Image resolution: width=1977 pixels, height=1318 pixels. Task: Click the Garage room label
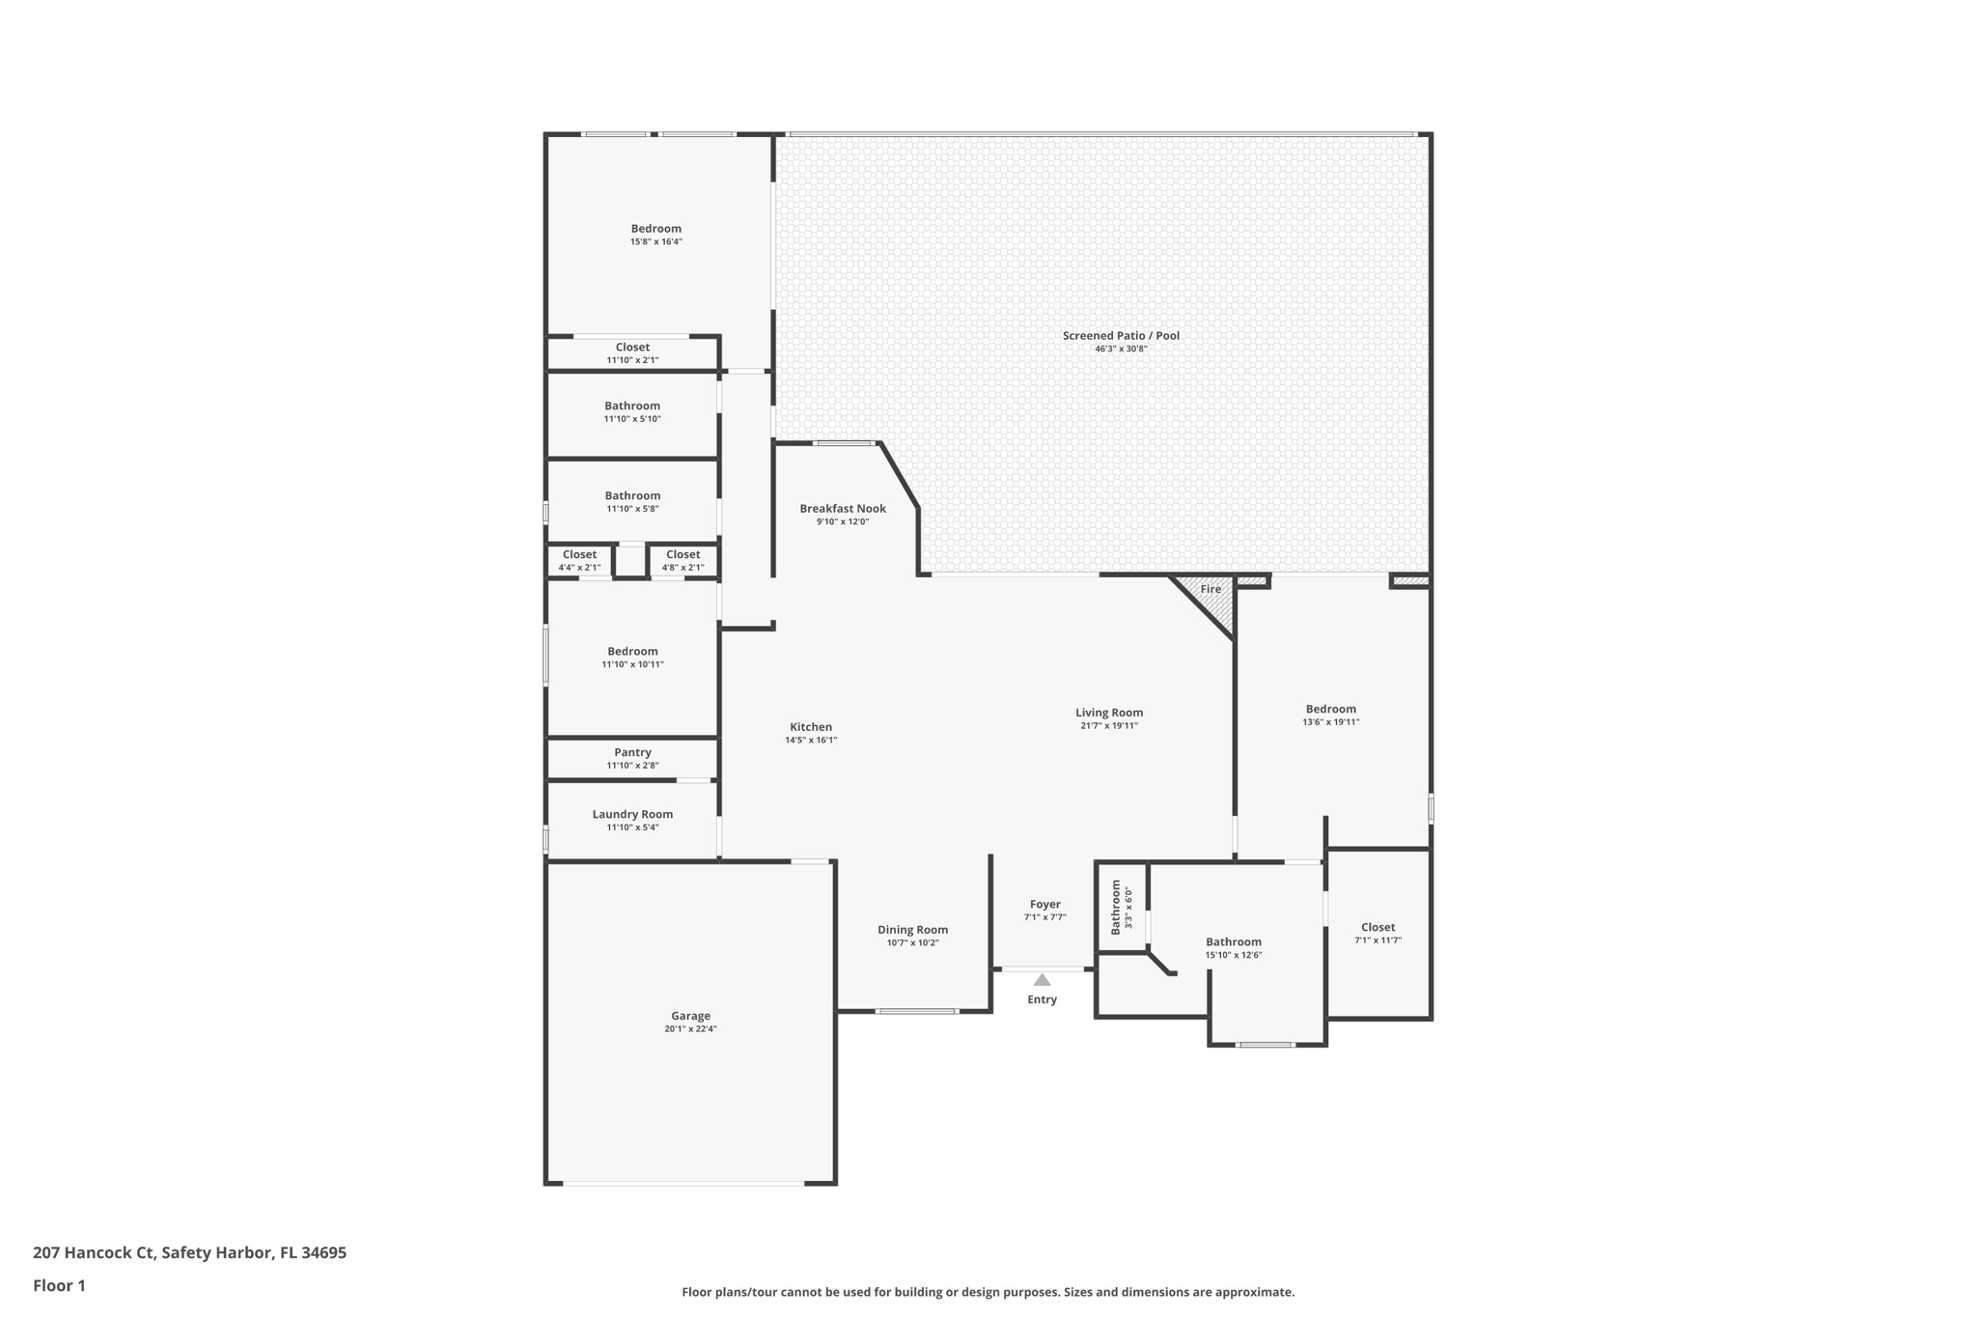[690, 1016]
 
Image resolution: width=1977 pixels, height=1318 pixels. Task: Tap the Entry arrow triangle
[1042, 980]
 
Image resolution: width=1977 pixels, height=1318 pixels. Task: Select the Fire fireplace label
[1211, 589]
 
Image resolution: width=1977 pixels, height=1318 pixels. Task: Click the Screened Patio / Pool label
[1121, 336]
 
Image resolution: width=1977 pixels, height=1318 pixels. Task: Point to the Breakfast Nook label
[842, 509]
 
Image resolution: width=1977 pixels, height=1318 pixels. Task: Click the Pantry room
[632, 758]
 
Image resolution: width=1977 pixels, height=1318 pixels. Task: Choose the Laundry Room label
[632, 814]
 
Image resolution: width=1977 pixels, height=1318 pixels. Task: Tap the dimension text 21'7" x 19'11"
[1109, 726]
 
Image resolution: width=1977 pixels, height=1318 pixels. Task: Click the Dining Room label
[912, 930]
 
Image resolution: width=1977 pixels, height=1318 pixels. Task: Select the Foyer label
[1044, 905]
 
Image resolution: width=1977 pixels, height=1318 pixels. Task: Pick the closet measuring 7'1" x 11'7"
[1378, 933]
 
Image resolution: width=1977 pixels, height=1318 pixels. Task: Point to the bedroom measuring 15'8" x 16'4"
[656, 235]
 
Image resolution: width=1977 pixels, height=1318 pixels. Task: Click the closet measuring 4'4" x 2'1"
[579, 560]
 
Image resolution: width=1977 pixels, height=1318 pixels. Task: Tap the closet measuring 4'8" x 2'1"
[682, 560]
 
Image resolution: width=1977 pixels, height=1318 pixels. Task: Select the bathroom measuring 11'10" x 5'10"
[632, 412]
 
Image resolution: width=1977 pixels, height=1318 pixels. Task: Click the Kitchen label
[811, 727]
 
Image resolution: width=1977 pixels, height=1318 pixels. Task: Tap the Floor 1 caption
[59, 1285]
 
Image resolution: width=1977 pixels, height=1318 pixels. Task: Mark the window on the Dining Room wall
[916, 1011]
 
